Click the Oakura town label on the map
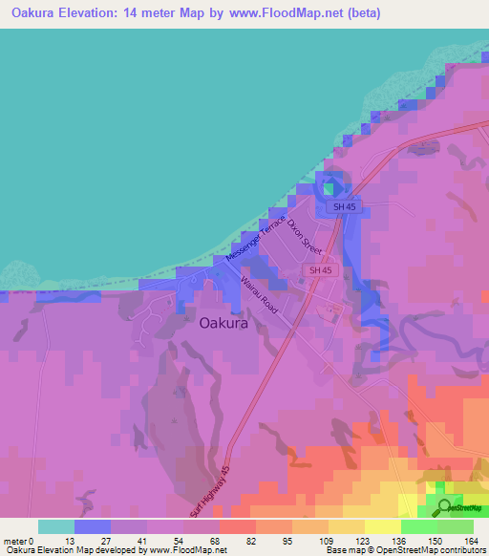(223, 323)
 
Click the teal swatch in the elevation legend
(56, 526)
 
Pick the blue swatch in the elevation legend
(93, 526)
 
